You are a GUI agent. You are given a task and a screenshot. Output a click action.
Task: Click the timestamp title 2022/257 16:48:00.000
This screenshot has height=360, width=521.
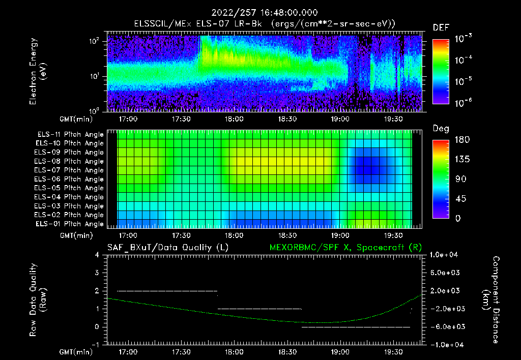tap(260, 12)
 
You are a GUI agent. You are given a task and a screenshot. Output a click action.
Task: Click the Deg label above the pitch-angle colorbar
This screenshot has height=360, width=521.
tap(441, 129)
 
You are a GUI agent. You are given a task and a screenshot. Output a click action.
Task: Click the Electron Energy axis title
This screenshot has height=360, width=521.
tap(38, 71)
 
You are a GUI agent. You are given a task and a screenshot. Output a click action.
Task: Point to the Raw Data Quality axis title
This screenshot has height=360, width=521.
tap(38, 300)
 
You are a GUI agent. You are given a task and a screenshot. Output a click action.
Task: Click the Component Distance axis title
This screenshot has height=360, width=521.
tap(491, 300)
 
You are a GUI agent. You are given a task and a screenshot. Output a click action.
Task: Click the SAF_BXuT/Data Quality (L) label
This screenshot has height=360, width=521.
tap(167, 247)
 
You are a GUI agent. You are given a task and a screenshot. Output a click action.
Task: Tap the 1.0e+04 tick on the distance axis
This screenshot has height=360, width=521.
tap(445, 255)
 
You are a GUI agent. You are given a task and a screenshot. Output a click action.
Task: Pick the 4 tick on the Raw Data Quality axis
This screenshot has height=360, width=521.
tap(97, 255)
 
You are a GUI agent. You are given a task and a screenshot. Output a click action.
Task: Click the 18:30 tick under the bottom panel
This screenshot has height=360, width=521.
tap(287, 351)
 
